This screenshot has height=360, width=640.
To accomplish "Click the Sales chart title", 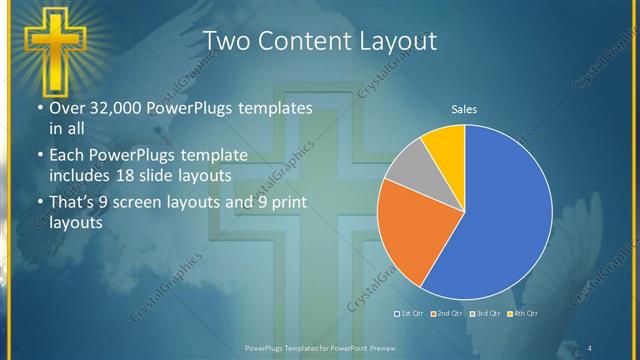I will (463, 108).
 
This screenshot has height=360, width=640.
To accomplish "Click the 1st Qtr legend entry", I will (409, 314).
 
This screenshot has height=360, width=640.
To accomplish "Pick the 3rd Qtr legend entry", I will (484, 314).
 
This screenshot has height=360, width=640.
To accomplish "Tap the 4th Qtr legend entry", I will (523, 314).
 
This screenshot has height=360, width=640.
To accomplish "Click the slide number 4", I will (590, 347).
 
